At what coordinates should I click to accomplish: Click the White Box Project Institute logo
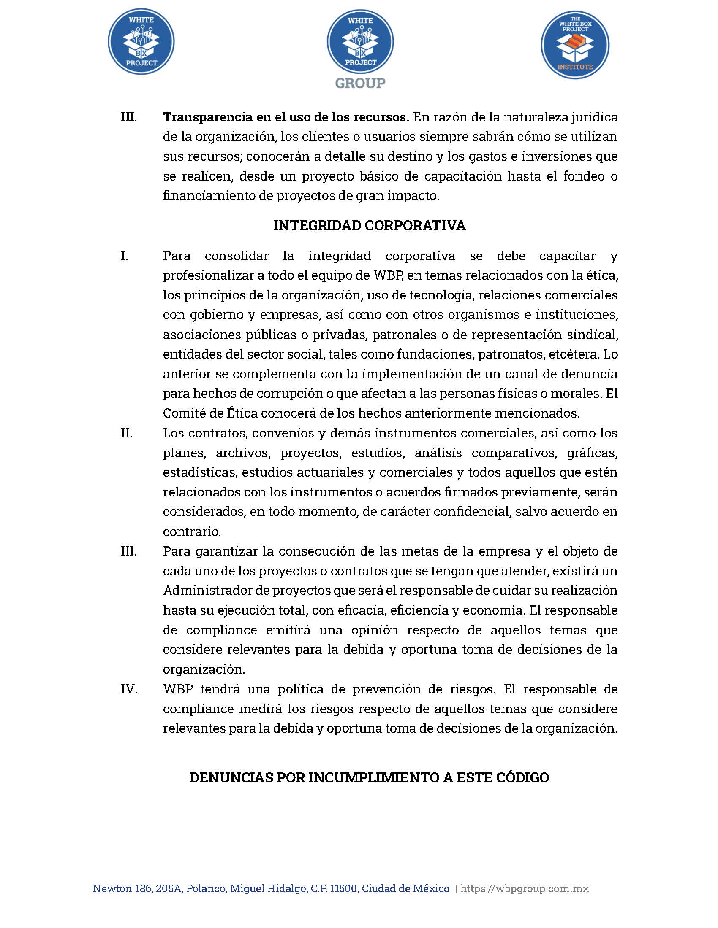pyautogui.click(x=575, y=45)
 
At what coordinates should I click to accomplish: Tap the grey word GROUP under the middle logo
pyautogui.click(x=360, y=83)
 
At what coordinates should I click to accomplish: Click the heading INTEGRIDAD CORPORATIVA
pyautogui.click(x=369, y=226)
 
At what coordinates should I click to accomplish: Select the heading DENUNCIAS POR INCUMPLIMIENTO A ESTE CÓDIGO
pyautogui.click(x=369, y=778)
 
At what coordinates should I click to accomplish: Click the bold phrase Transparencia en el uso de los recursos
pyautogui.click(x=286, y=117)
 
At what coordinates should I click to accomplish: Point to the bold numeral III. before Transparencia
pyautogui.click(x=128, y=117)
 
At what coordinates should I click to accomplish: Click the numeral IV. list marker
pyautogui.click(x=129, y=689)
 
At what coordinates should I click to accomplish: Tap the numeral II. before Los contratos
pyautogui.click(x=126, y=433)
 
